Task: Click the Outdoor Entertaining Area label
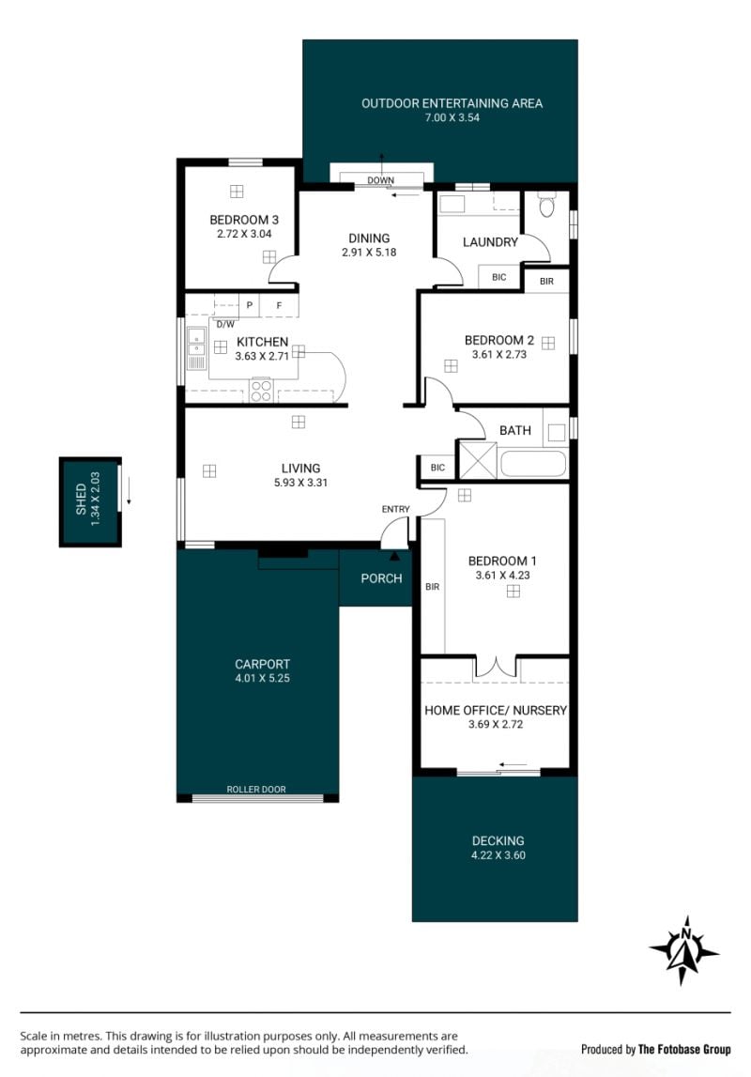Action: pyautogui.click(x=452, y=103)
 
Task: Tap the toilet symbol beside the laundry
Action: pyautogui.click(x=546, y=205)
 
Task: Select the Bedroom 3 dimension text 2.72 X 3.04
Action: pyautogui.click(x=244, y=234)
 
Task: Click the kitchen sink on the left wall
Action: pyautogui.click(x=196, y=349)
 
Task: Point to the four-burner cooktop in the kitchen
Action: pyautogui.click(x=261, y=390)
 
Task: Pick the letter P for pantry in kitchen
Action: pyautogui.click(x=249, y=305)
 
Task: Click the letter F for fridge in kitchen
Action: pyautogui.click(x=279, y=305)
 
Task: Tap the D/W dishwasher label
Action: pyautogui.click(x=226, y=324)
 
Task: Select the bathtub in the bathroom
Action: pyautogui.click(x=533, y=464)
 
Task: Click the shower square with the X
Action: pyautogui.click(x=477, y=460)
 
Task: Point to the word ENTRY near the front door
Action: pyautogui.click(x=395, y=509)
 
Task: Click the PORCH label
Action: pyautogui.click(x=381, y=578)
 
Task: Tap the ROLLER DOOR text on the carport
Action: pyautogui.click(x=256, y=789)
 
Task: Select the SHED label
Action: pyautogui.click(x=81, y=500)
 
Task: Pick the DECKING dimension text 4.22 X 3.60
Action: pyautogui.click(x=498, y=855)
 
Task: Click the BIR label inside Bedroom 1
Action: pyautogui.click(x=433, y=587)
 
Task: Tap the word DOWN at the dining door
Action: pyautogui.click(x=380, y=180)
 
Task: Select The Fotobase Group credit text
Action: pyautogui.click(x=684, y=1049)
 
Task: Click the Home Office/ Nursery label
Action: pyautogui.click(x=496, y=710)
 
